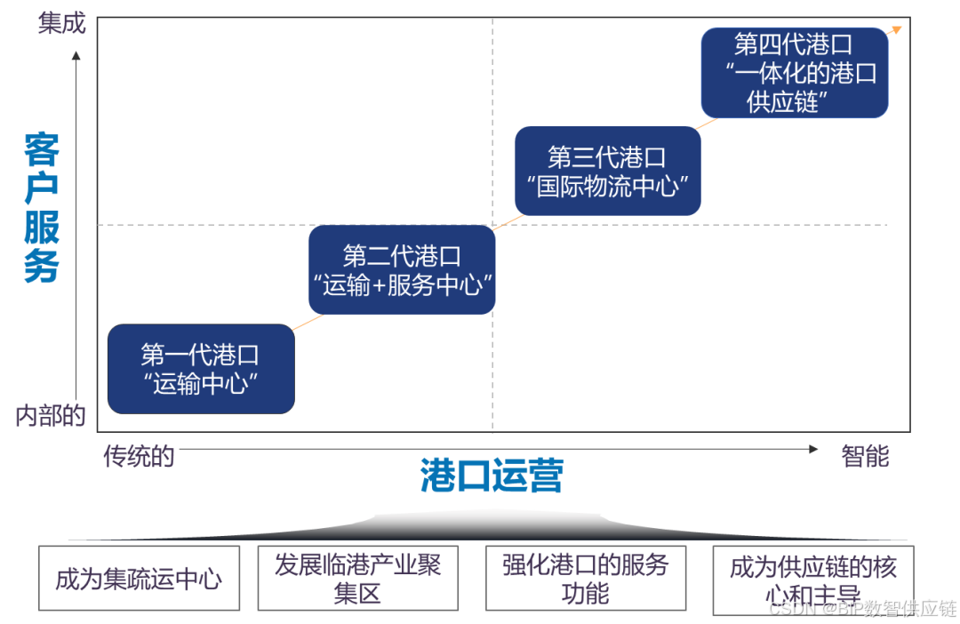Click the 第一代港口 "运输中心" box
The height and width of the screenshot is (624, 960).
point(200,369)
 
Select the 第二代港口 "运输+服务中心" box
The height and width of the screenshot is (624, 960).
point(402,270)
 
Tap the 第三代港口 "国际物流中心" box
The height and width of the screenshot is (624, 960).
point(607,172)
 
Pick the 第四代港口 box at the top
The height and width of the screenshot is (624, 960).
point(794,73)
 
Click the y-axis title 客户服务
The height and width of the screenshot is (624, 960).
point(42,207)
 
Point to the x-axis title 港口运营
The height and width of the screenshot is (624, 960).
point(492,476)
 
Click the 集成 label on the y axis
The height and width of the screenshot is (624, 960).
point(61,24)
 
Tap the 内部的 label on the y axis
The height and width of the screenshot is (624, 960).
point(50,416)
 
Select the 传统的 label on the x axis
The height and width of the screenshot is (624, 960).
point(139,457)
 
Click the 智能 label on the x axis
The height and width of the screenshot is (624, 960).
point(864,457)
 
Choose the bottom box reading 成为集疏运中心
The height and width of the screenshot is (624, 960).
point(139,579)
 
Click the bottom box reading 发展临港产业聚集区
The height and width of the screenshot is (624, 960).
point(357,579)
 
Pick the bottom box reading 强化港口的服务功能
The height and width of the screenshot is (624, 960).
point(585,579)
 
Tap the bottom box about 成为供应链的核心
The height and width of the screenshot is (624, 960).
point(812,579)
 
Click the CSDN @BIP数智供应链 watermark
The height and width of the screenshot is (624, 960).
point(861,608)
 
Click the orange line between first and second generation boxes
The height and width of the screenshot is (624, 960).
point(301,319)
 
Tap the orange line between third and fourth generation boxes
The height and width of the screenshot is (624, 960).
point(700,125)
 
